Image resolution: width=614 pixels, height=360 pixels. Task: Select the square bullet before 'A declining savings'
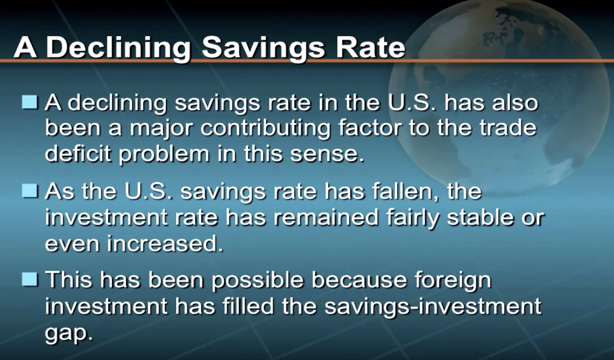click(30, 102)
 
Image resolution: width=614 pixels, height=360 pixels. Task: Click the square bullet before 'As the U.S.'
click(30, 191)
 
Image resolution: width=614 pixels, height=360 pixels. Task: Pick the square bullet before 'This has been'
click(30, 279)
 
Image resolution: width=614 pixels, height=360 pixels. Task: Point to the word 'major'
click(162, 129)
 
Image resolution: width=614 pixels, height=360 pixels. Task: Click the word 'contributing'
click(265, 128)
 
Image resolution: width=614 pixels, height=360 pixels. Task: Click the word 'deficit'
click(78, 153)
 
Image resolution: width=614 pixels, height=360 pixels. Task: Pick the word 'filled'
click(248, 305)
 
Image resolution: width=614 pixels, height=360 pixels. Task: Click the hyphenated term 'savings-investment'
click(433, 306)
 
